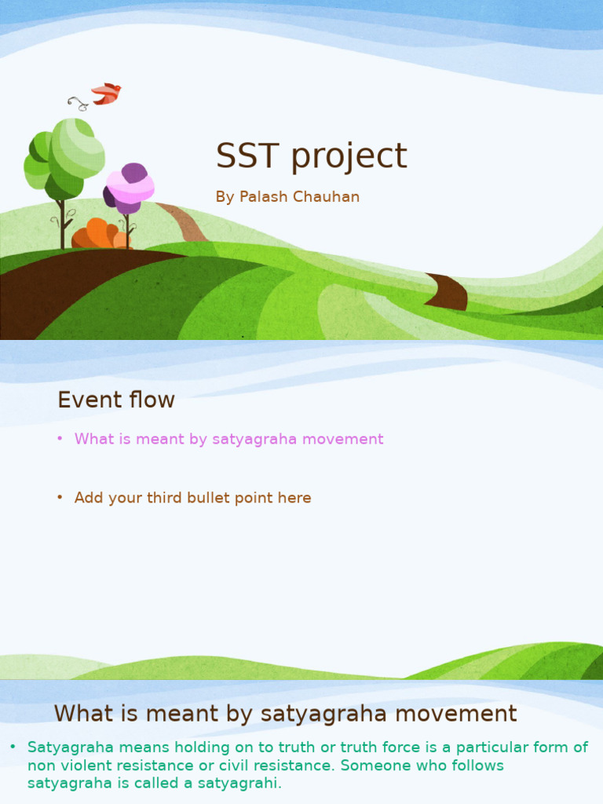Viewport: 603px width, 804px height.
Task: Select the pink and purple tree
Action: click(129, 188)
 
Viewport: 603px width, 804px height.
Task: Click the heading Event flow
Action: click(116, 400)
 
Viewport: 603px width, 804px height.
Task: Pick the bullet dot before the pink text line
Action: click(60, 439)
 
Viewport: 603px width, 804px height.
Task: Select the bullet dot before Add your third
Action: click(60, 498)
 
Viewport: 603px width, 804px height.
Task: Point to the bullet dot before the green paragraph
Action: click(13, 747)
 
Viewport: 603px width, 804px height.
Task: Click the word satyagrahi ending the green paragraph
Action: click(243, 783)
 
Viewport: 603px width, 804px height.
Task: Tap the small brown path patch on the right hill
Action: click(448, 292)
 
